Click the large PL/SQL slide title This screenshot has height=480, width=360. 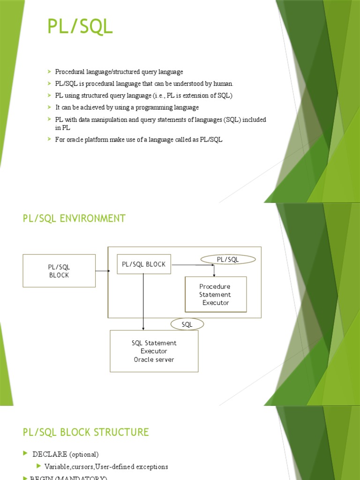coord(80,27)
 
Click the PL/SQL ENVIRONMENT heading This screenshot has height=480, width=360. coord(74,218)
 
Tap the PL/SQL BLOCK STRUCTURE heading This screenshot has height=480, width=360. coord(86,432)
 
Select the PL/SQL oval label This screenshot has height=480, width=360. coord(228,259)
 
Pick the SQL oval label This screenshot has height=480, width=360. coord(187,324)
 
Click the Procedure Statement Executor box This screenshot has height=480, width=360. coord(216,294)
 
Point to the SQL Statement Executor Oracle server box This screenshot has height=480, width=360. coord(154,351)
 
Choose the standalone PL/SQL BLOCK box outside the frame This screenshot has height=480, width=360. coord(59,271)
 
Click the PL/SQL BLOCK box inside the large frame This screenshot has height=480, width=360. coord(144,264)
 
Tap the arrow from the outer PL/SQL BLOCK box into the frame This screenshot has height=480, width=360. coord(102,271)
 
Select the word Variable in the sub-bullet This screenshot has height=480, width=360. coord(56,467)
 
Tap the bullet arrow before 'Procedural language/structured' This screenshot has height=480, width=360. coord(49,72)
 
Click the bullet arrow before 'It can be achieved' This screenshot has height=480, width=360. coord(49,107)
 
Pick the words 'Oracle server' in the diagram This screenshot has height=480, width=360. coord(154,360)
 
